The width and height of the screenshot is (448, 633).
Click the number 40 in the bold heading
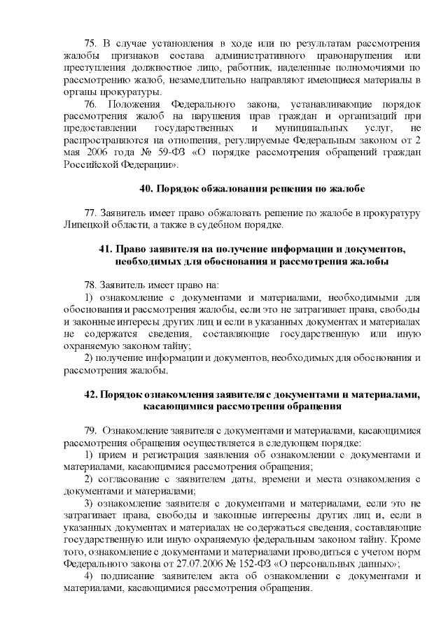(146, 190)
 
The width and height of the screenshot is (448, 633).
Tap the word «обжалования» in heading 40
(223, 190)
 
